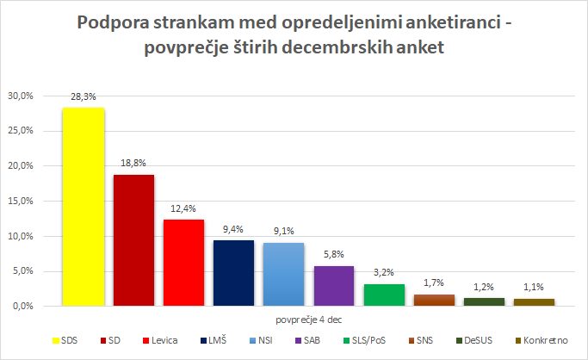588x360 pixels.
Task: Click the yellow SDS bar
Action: pos(84,207)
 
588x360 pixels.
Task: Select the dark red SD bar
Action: pos(133,240)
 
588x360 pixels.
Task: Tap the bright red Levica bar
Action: pos(183,263)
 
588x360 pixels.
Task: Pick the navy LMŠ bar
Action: pos(233,273)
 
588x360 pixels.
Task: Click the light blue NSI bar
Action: pos(283,274)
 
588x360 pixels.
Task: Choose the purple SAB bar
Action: pos(333,286)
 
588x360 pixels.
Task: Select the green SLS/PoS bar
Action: pos(383,295)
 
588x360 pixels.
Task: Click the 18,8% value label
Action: pos(133,165)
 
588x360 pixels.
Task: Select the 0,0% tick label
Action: pos(22,307)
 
